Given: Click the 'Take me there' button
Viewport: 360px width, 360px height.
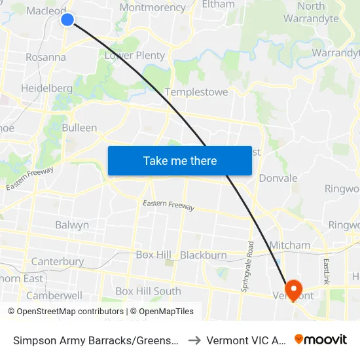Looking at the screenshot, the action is click(x=180, y=160).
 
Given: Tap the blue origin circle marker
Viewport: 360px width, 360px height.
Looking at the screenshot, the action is click(x=67, y=20).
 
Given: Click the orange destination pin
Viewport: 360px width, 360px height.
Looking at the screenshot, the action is click(x=293, y=289).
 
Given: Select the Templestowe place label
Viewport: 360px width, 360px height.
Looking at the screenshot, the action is click(x=196, y=92).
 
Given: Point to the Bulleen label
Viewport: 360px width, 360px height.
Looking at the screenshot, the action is click(x=79, y=128).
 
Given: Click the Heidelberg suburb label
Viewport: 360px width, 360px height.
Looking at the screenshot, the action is click(x=46, y=88).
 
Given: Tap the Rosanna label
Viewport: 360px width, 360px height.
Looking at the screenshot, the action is click(x=46, y=57).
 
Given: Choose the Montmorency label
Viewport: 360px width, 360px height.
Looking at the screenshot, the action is click(x=153, y=8).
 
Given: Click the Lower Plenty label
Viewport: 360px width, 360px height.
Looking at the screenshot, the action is click(x=135, y=56).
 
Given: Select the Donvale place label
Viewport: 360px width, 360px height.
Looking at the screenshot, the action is click(x=278, y=178).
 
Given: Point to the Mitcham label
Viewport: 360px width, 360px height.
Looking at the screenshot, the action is click(x=290, y=245).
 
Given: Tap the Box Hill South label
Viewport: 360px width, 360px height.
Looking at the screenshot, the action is click(x=148, y=291).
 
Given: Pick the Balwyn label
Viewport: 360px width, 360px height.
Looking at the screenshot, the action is click(x=72, y=225).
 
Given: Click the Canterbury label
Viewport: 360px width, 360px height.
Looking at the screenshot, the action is click(x=58, y=262).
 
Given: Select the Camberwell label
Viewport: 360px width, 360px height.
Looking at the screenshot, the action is click(x=54, y=295).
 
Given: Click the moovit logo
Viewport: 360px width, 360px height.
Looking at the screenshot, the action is click(x=321, y=340).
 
